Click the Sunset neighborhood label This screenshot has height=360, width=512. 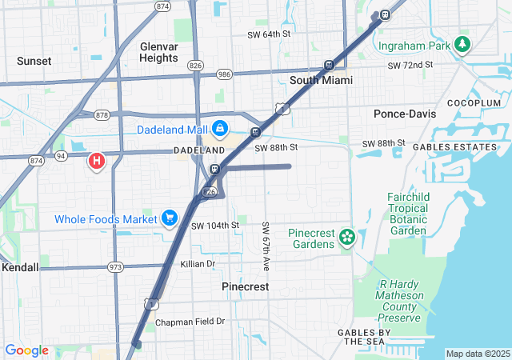34,61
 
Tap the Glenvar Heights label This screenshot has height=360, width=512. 158,52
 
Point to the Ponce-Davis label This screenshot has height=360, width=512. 405,114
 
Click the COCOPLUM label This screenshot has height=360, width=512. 474,103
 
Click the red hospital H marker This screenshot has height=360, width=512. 97,162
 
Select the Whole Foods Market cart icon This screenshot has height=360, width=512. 169,218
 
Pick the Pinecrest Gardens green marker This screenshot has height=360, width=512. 346,237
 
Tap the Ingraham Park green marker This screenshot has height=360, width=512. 462,45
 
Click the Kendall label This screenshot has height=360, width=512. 19,266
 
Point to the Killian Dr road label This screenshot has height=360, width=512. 198,263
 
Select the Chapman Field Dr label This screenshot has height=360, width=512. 190,322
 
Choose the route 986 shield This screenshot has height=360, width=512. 224,74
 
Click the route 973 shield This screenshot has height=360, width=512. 117,266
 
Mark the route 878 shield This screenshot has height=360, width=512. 102,114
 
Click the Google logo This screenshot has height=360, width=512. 26,350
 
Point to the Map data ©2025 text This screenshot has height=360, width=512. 478,354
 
